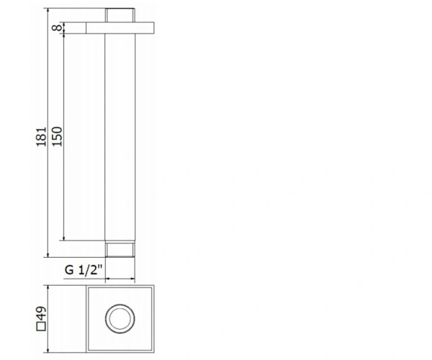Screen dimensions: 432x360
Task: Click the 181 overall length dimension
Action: pos(41,137)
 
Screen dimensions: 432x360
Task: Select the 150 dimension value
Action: pos(58,136)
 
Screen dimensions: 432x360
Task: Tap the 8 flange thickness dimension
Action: pos(58,28)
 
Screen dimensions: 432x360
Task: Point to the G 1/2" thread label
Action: pos(84,270)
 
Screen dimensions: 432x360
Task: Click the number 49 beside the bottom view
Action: pos(41,313)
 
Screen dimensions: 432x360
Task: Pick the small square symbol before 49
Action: pos(41,326)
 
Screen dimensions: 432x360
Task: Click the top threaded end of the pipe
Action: pos(120,15)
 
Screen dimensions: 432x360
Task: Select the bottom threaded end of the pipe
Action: pos(120,250)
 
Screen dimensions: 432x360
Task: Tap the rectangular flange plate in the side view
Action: pos(120,28)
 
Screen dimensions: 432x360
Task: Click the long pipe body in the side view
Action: pos(120,138)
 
